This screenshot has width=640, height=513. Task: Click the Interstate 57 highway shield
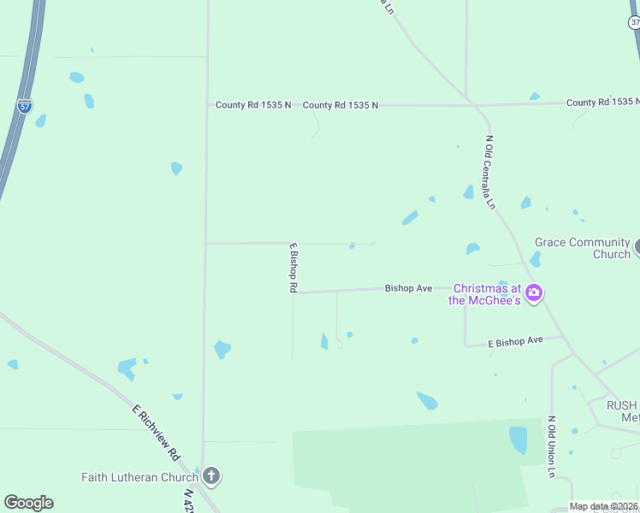[x=25, y=107]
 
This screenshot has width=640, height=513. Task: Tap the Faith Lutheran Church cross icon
[x=211, y=476]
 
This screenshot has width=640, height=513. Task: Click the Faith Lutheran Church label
[x=139, y=477]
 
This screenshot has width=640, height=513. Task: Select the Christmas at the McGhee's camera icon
[x=535, y=293]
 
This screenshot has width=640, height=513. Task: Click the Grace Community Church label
[x=582, y=248]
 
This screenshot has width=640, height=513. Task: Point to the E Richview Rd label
[x=156, y=432]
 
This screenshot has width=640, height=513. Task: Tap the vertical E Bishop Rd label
[x=293, y=268]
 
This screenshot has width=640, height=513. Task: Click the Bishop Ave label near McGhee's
[x=408, y=289]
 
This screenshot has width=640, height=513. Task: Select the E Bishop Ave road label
[x=515, y=341]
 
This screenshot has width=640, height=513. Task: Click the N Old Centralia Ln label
[x=490, y=172]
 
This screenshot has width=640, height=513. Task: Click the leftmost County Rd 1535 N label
[x=253, y=105]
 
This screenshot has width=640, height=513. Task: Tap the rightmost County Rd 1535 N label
[x=602, y=103]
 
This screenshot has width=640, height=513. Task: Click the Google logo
[x=28, y=503]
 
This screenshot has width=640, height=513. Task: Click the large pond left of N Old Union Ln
[x=519, y=439]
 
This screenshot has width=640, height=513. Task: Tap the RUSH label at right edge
[x=622, y=405]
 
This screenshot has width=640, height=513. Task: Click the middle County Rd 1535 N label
[x=340, y=105]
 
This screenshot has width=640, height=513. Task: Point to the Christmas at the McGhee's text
[x=485, y=294]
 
